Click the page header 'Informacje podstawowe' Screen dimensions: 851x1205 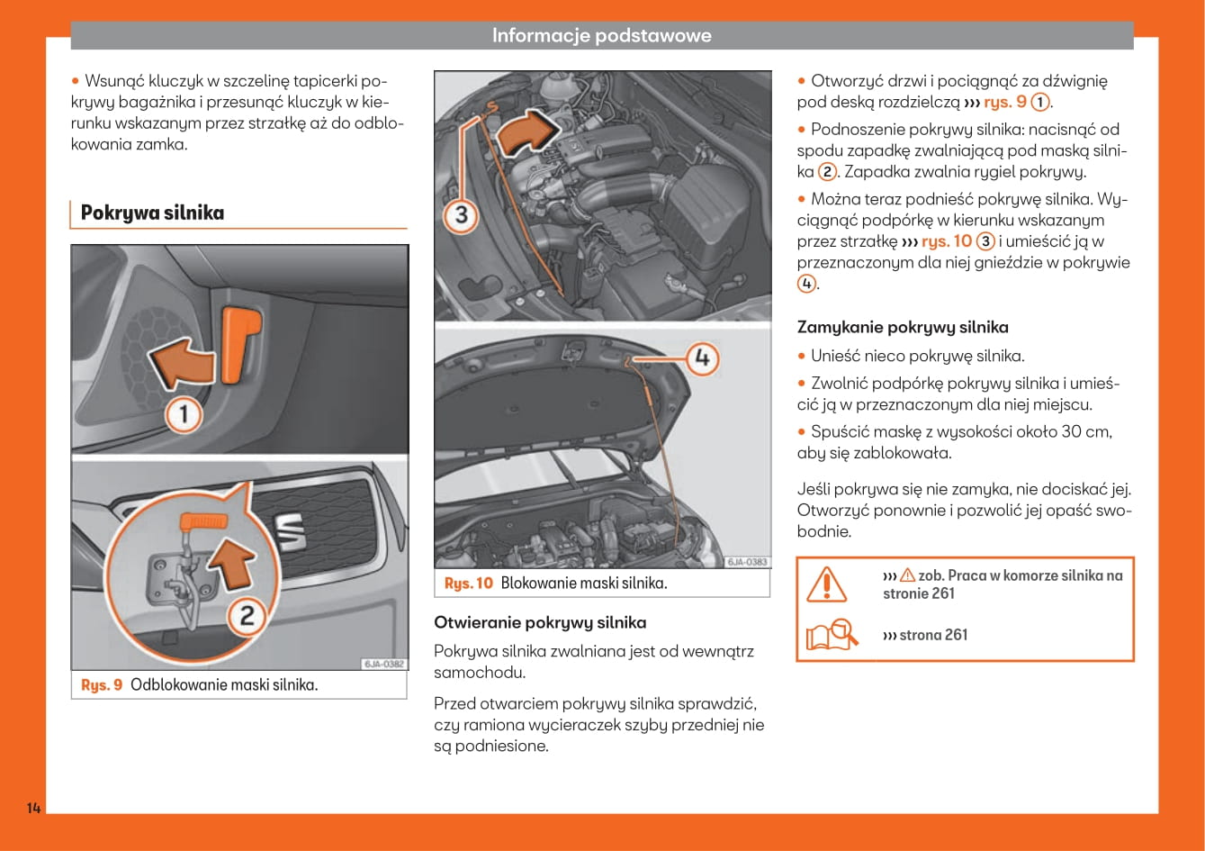tap(601, 35)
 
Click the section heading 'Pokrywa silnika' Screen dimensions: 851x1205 tap(152, 213)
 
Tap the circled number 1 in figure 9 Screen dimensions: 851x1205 tap(185, 414)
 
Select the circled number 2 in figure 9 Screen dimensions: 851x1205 tap(246, 616)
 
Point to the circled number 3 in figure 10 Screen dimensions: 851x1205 tap(461, 214)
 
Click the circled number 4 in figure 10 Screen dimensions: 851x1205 tap(703, 358)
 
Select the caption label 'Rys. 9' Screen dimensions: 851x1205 tap(102, 685)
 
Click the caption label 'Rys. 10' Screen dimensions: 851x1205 tap(469, 584)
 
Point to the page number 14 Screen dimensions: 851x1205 tap(33, 807)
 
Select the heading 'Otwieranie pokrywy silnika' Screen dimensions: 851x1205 tap(540, 622)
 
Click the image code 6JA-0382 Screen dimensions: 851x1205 tap(384, 665)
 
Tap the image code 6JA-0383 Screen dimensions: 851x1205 tap(747, 562)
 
